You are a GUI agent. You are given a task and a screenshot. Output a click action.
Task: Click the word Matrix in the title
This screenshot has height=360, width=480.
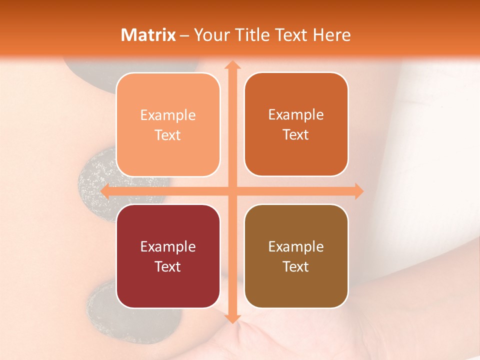tap(148, 35)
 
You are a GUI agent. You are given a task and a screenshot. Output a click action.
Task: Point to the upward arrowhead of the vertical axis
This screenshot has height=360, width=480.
tap(232, 65)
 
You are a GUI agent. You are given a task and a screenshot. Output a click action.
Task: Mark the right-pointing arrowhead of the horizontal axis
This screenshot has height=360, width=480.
tap(358, 191)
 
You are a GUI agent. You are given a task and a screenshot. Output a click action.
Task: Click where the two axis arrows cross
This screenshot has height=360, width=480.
tap(232, 191)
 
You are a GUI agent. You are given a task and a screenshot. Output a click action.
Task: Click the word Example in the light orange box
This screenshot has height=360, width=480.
tap(168, 115)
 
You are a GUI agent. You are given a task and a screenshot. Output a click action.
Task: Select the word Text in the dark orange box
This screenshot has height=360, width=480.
tap(296, 135)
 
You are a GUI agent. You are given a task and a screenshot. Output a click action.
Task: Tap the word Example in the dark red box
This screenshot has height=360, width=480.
tap(168, 247)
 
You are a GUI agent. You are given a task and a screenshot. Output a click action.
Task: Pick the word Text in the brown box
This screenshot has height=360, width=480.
tap(296, 266)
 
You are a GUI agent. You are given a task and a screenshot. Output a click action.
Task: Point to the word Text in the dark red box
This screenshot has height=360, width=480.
tap(168, 266)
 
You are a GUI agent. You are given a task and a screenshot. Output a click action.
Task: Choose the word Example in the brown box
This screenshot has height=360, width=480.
tap(296, 247)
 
